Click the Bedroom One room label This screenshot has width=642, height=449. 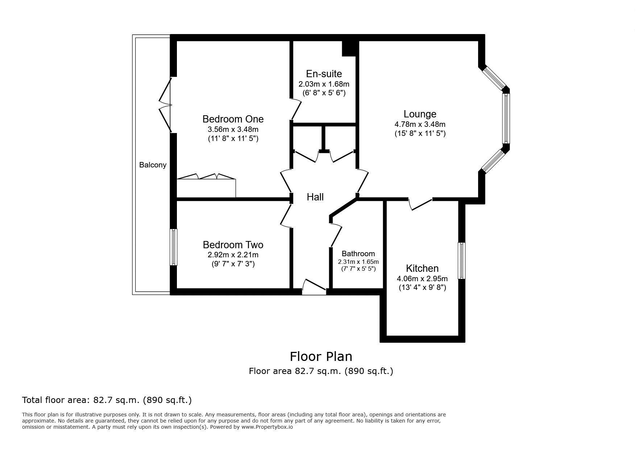coord(233,119)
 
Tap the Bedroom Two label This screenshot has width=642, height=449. coord(233,245)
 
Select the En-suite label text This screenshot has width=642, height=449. coord(324,74)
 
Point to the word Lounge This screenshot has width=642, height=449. coord(420,114)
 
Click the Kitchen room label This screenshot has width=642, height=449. coord(422,269)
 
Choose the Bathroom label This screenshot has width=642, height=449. coord(358,254)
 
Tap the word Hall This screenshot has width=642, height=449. coord(315,197)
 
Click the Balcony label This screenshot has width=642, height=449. coord(153,165)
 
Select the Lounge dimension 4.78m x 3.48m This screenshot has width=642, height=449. coord(420,124)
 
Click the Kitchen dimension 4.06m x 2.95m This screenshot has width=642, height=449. coord(422,279)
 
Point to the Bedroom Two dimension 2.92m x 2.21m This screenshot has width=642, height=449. coord(233,255)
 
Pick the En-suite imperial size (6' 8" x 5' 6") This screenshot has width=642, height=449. coord(324,93)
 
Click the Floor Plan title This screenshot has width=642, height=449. coord(321,356)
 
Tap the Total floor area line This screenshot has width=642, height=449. coord(107,400)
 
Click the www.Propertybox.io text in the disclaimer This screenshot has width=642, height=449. coord(267,427)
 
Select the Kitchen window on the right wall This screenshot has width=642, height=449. coord(461,261)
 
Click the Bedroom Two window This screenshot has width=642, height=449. coord(174,247)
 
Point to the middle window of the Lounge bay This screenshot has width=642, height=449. coord(506,119)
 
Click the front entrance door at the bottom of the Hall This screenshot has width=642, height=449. coord(314,287)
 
